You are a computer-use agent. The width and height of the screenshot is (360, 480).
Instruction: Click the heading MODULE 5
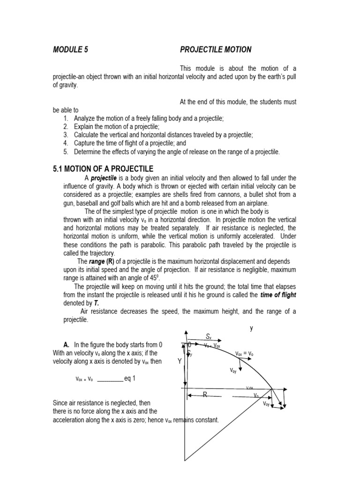pyautogui.click(x=70, y=49)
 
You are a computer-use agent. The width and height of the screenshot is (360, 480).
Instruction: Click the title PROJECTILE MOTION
pyautogui.click(x=216, y=49)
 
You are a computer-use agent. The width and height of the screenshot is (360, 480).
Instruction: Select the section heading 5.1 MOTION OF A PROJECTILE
pyautogui.click(x=103, y=168)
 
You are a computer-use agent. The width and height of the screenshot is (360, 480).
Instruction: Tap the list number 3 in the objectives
pyautogui.click(x=66, y=135)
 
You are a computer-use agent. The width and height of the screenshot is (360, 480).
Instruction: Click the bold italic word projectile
pyautogui.click(x=104, y=178)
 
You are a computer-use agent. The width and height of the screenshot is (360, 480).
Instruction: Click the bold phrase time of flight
pyautogui.click(x=278, y=295)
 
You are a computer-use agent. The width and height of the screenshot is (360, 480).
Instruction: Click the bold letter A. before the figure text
pyautogui.click(x=66, y=345)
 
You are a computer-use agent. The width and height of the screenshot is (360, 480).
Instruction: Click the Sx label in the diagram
pyautogui.click(x=209, y=336)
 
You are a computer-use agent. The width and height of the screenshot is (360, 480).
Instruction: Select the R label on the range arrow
pyautogui.click(x=205, y=395)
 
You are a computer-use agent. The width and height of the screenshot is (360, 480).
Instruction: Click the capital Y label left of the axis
pyautogui.click(x=179, y=361)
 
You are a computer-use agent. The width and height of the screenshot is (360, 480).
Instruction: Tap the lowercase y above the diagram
pyautogui.click(x=251, y=329)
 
